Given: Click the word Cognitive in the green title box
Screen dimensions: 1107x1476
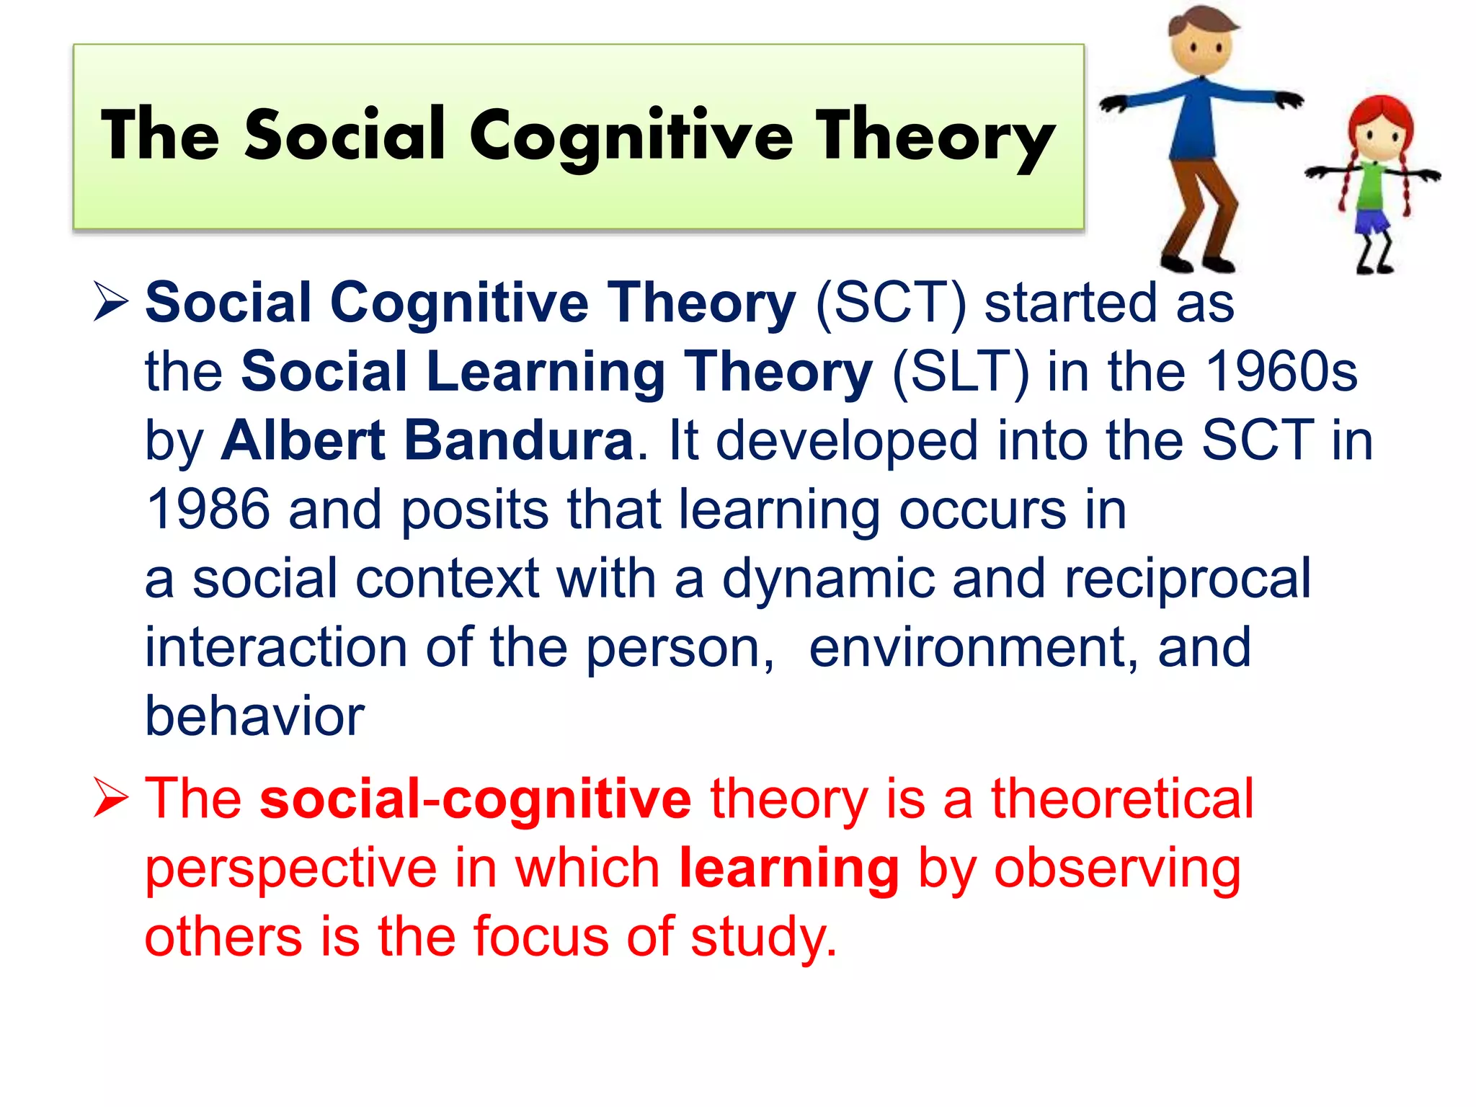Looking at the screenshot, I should tap(631, 137).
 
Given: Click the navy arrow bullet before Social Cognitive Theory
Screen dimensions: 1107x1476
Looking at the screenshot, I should tap(111, 302).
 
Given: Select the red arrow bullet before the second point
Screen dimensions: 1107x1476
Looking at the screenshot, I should tap(111, 799).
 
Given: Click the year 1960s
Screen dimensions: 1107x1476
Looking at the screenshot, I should tap(1281, 372).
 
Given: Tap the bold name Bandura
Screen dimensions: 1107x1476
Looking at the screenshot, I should tap(518, 440).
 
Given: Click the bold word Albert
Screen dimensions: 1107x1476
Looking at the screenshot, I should tap(303, 440).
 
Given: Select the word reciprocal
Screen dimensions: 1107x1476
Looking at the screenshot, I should tap(1187, 579).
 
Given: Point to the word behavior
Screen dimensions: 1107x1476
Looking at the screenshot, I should tap(254, 716).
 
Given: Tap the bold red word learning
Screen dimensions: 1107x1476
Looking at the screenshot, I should tap(789, 868).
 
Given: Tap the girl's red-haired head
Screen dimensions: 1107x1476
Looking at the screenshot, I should tap(1380, 130).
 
